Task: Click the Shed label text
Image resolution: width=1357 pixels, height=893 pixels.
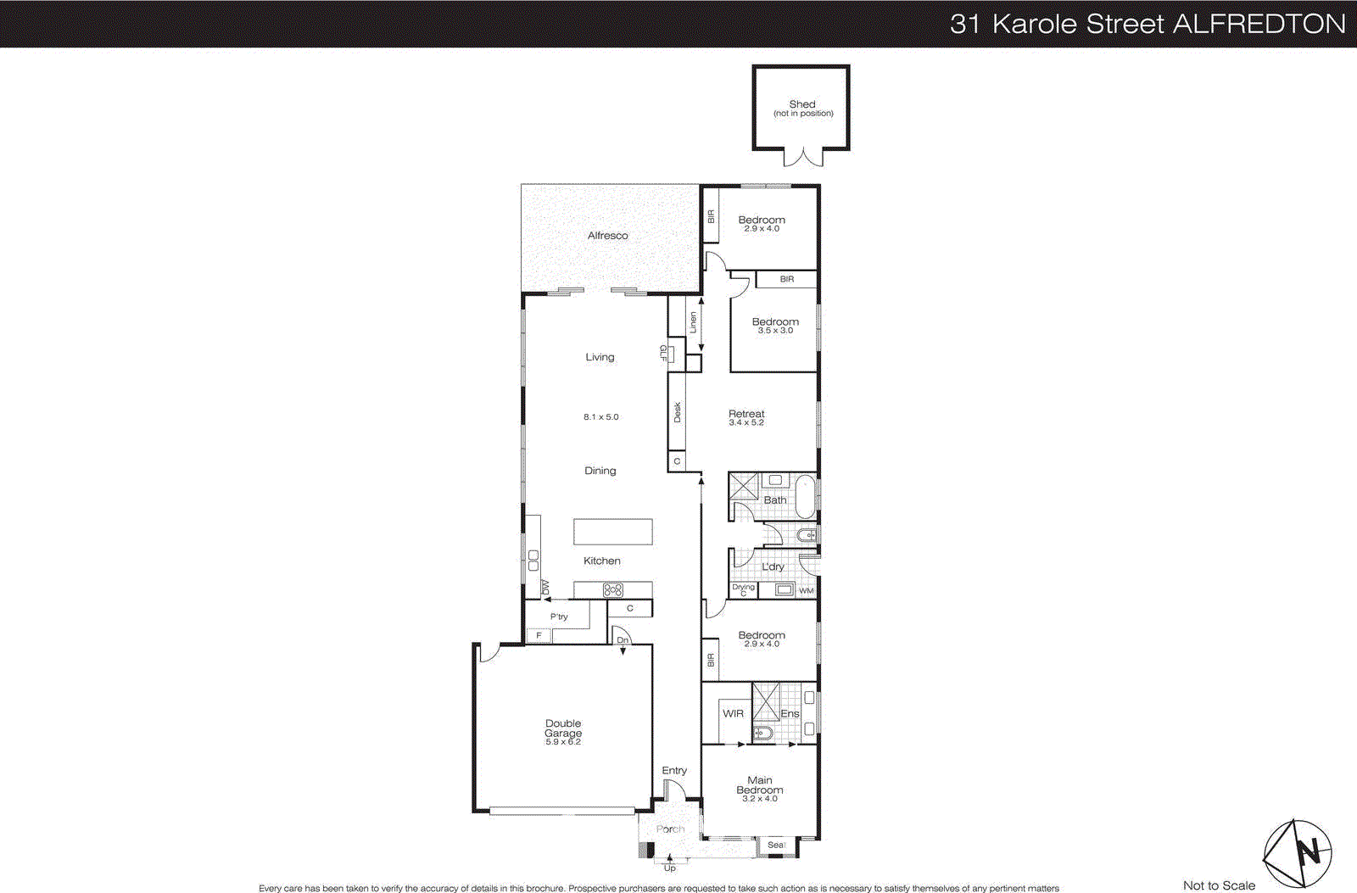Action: (x=801, y=104)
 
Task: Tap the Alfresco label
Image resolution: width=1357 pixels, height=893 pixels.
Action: (x=607, y=236)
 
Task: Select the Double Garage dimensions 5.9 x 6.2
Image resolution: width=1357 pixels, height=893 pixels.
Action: (x=563, y=742)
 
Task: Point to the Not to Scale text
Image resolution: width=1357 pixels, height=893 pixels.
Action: (x=1219, y=885)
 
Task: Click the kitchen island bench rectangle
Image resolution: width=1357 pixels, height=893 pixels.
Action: (x=612, y=532)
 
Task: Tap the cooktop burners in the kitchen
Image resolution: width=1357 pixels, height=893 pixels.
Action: (x=612, y=590)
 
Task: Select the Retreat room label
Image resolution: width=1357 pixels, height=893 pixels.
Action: (x=746, y=414)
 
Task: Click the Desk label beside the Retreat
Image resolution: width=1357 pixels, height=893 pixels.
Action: (x=677, y=412)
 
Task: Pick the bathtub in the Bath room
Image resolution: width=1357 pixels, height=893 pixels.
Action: (x=805, y=496)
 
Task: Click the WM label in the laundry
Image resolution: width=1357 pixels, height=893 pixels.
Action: (x=806, y=590)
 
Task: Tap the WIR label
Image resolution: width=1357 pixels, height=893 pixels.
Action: (x=733, y=714)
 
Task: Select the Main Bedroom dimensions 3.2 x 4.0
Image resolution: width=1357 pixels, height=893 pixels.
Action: (x=759, y=799)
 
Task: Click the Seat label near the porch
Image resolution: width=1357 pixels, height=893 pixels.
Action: (x=776, y=845)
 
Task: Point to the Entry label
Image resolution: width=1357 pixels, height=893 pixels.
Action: (x=674, y=771)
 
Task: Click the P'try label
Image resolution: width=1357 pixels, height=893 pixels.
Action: (x=559, y=617)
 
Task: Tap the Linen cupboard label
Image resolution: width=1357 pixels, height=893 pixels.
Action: (x=693, y=322)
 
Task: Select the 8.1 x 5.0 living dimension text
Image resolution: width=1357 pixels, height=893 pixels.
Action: (x=600, y=417)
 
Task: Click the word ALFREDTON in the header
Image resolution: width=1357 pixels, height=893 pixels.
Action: (x=1259, y=24)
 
